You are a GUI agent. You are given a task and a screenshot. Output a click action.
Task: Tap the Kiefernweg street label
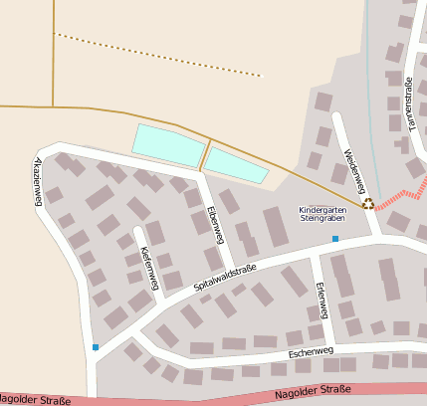(x=149, y=269)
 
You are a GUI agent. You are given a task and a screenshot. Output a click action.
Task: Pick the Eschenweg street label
(x=308, y=353)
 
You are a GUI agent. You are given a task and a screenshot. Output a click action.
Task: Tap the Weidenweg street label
(x=355, y=171)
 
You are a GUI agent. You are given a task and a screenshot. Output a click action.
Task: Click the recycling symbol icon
(x=368, y=204)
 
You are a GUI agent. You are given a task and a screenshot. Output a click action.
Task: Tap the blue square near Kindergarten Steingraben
(x=335, y=239)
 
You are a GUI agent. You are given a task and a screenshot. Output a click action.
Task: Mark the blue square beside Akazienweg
(x=96, y=346)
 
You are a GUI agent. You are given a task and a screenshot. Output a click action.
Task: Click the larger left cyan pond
(x=169, y=146)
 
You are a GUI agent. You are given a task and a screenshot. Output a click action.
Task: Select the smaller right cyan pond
(x=236, y=165)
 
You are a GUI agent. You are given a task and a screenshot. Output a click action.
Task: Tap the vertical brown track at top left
(x=53, y=50)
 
